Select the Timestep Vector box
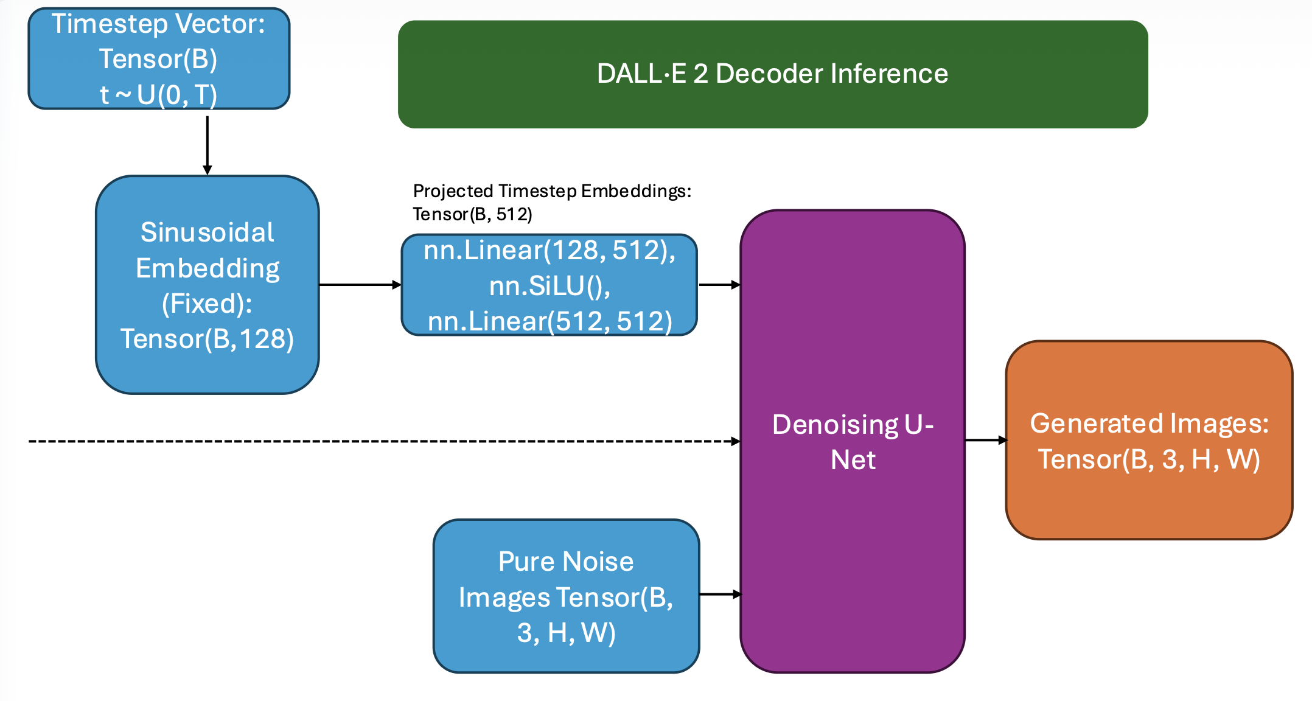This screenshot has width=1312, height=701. coord(159,58)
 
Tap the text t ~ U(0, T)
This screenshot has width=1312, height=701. coord(158,95)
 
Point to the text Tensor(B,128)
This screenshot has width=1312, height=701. coord(208,339)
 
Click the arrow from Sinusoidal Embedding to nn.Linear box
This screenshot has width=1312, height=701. coord(359,284)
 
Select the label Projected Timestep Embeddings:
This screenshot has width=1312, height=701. coord(552,191)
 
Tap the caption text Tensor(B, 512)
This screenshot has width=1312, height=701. coord(472,214)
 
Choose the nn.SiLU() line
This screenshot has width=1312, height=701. coord(550,286)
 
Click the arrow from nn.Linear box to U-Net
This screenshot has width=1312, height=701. coord(719,284)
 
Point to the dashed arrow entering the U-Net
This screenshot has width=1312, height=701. coord(383,441)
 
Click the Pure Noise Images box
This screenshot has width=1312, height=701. coord(566,596)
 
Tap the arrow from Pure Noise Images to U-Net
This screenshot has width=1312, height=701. coord(720,594)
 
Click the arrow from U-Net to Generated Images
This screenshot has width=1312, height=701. coord(985,440)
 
